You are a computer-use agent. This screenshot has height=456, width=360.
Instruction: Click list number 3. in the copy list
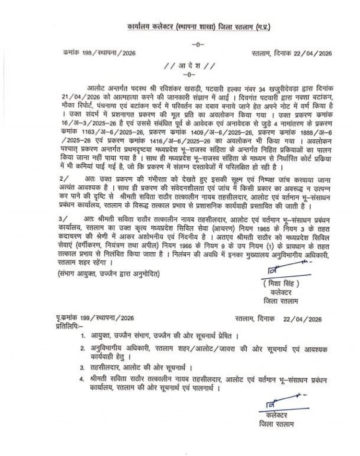click(x=84, y=366)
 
